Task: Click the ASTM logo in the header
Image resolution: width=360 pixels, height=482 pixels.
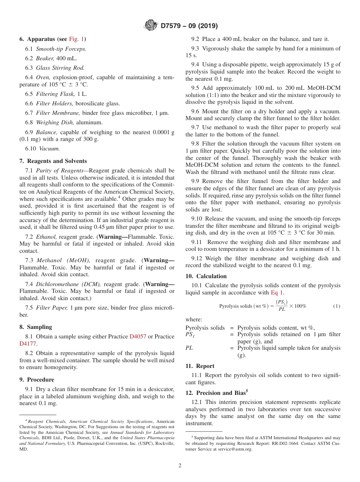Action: pos(151,26)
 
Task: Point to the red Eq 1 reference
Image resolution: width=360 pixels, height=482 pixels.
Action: pos(277,293)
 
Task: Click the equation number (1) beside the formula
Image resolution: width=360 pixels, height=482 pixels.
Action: pos(337,306)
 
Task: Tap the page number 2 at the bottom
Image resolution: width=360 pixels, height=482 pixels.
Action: pos(180,466)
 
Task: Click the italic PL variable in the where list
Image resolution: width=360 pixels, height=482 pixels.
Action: pos(189,348)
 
